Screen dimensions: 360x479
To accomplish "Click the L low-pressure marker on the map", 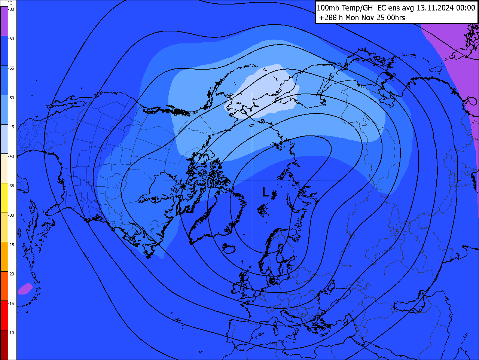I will point(265,192).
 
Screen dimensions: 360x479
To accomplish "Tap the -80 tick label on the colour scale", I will point(12,9).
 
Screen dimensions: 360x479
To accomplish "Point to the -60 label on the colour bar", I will point(12,39).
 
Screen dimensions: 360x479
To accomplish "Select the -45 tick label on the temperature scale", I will point(12,127).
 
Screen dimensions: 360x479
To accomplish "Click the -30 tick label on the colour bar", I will point(12,215).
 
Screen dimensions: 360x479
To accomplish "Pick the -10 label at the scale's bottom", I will point(12,333).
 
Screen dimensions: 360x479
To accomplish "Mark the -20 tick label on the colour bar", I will point(12,274).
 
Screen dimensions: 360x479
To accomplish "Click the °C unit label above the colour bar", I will point(10,3).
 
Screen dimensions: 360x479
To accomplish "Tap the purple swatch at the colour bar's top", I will point(4,21).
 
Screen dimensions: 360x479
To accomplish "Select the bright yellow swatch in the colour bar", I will point(4,198).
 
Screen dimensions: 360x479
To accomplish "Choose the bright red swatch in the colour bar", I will point(4,315).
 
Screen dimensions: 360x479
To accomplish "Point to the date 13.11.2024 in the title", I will point(435,8).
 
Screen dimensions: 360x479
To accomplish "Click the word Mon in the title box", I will point(353,18).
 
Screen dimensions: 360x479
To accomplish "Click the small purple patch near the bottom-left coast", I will point(25,289).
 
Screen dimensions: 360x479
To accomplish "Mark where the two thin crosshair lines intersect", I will point(252,180).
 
